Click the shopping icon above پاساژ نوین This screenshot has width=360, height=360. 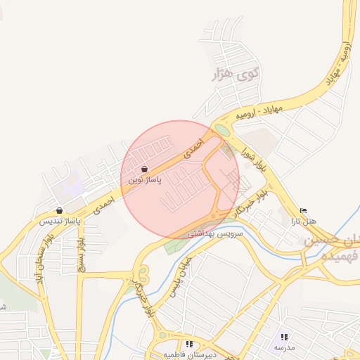click(144, 169)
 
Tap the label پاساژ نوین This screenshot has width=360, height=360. click(144, 181)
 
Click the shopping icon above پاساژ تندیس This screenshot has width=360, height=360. click(59, 210)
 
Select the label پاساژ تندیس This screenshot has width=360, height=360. click(59, 221)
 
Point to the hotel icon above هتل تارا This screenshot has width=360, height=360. click(304, 210)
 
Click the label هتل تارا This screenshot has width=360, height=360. click(304, 221)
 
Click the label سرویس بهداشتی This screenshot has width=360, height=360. click(214, 233)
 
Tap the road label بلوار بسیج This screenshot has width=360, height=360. click(81, 254)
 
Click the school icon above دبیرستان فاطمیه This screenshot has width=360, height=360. click(188, 344)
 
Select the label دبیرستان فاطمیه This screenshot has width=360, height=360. click(188, 354)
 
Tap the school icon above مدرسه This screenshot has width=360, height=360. click(284, 337)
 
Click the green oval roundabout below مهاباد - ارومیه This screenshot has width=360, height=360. click(222, 130)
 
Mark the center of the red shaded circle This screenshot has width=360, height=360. click(180, 179)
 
